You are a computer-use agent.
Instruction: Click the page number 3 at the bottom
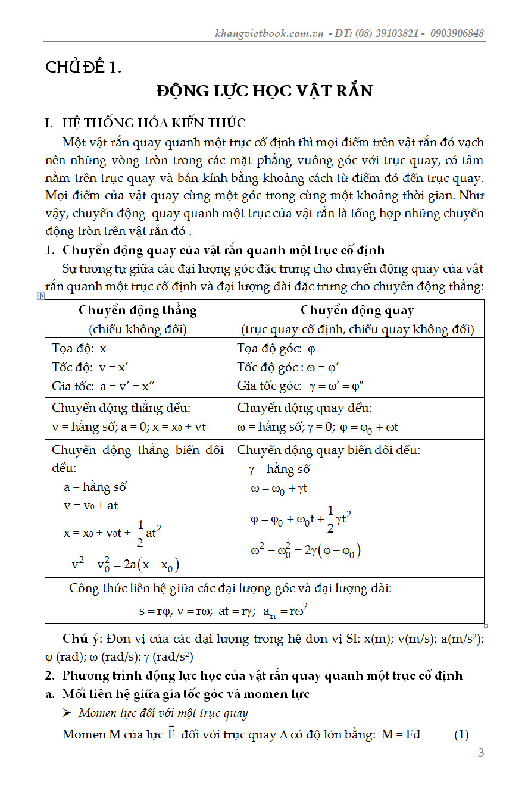481,753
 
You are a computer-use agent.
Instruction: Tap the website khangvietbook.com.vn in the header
269,33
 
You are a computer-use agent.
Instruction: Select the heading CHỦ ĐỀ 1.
83,68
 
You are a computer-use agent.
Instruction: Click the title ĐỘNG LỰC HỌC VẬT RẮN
264,91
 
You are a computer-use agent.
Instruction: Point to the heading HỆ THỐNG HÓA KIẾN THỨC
154,123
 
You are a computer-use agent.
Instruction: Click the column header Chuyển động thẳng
138,310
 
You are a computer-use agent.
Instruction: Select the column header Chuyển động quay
357,310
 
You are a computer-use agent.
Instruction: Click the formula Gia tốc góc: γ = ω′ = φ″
301,386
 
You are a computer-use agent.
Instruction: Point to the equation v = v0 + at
91,505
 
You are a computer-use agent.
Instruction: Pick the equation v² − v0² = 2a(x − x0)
125,564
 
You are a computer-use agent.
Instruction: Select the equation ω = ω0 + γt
279,489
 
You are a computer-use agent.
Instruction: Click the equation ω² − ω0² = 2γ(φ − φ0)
305,550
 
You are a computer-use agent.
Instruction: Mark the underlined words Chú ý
80,639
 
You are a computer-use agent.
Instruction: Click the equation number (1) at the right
461,734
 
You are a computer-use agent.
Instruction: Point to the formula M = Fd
401,734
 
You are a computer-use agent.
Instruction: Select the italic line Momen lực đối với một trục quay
163,713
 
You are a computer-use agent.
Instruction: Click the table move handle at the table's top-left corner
40,296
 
